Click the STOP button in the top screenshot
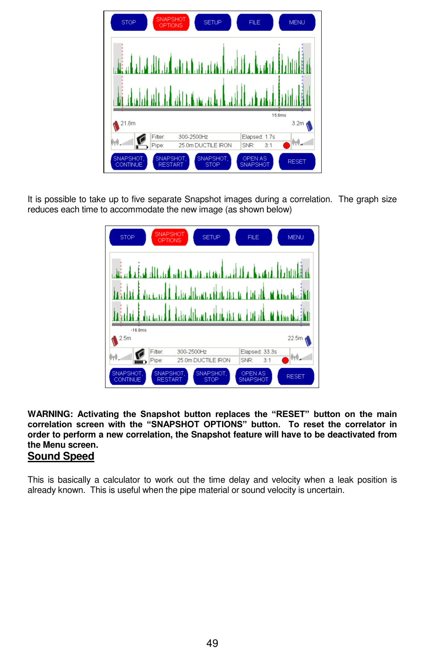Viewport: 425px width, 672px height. click(129, 23)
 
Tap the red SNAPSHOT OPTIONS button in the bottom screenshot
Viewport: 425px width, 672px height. click(170, 238)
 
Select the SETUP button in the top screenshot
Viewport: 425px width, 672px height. click(212, 23)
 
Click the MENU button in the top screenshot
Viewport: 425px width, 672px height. click(297, 23)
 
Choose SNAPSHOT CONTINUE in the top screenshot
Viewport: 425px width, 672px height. click(129, 162)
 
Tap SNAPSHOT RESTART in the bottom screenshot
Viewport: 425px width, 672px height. click(170, 377)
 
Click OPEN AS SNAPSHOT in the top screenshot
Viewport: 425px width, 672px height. click(255, 162)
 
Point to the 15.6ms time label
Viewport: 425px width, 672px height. click(279, 115)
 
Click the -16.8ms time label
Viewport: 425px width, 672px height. click(139, 330)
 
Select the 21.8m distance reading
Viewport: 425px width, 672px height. click(128, 123)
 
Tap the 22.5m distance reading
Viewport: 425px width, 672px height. click(295, 338)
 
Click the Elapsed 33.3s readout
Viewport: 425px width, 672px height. click(259, 352)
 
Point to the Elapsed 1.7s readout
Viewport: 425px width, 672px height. click(259, 137)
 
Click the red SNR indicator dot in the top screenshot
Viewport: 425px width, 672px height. click(287, 145)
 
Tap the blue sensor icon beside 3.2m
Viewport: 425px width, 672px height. click(309, 126)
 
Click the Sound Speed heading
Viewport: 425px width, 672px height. click(61, 456)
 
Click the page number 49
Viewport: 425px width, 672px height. click(212, 643)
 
